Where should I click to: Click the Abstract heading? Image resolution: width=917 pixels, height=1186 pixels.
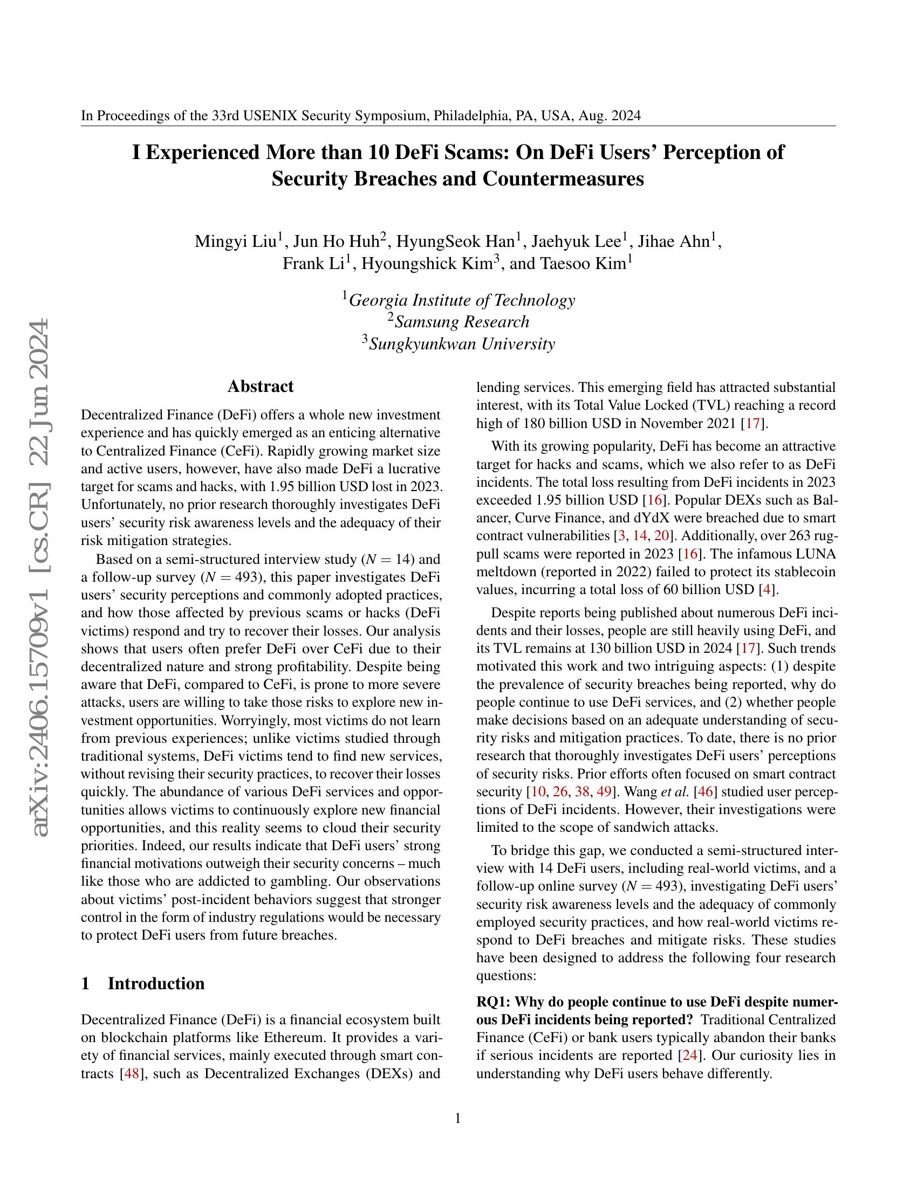[x=260, y=387]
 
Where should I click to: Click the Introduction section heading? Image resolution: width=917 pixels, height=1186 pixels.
[x=156, y=983]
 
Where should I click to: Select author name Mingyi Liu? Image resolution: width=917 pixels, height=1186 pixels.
[x=236, y=242]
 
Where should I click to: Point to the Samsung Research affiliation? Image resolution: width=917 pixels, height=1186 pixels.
[x=461, y=322]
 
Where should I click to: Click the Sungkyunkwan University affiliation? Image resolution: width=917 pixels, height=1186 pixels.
[x=462, y=344]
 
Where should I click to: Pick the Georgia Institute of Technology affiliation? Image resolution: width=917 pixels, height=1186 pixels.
[x=461, y=300]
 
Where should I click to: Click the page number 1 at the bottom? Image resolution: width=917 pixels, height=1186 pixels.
[x=457, y=1119]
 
